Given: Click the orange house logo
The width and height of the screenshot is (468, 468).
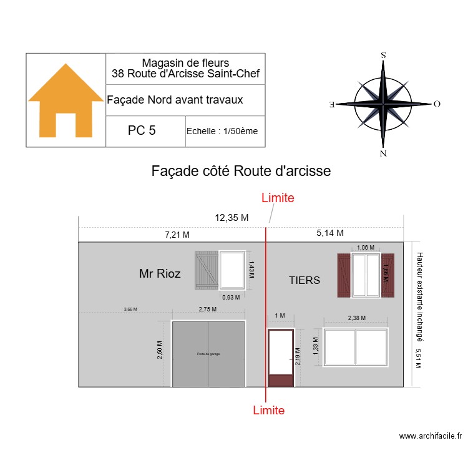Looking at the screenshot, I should click(66, 100).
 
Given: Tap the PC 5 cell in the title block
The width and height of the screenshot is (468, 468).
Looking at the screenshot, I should click(142, 130).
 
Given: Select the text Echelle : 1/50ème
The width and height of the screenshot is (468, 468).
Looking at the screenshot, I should click(222, 131).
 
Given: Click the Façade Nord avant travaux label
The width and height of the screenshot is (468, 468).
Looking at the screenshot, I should click(175, 100).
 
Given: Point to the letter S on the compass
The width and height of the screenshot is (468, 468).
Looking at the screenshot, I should click(383, 55).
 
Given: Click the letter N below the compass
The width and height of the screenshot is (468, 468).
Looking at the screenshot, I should click(383, 154).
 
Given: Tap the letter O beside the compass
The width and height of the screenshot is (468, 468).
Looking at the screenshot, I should click(437, 104).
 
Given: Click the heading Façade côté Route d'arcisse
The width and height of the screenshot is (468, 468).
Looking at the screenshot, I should click(241, 171).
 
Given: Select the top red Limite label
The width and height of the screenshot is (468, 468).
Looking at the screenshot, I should click(277, 198).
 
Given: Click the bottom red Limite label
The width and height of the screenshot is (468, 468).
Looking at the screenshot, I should click(269, 410).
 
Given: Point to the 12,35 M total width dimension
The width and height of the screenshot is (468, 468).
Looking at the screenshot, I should click(232, 218).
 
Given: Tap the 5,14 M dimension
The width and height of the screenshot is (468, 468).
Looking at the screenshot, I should click(330, 233).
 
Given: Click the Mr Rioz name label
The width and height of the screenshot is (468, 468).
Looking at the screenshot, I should click(160, 273).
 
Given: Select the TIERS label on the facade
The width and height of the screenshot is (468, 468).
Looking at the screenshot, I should click(305, 281).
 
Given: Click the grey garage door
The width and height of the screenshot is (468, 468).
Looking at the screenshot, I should click(208, 354).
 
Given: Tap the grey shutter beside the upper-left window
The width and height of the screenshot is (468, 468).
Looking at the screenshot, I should click(206, 270).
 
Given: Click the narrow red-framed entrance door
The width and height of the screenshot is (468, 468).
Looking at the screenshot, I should click(280, 358).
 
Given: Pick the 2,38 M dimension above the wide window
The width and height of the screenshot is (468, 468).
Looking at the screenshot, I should click(356, 318).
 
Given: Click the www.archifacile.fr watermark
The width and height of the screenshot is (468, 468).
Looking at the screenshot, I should click(430, 436).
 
